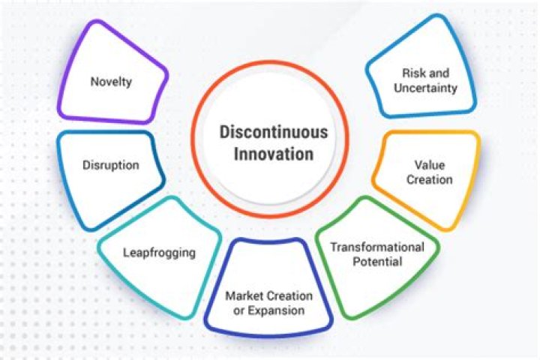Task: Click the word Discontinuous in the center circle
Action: [273, 133]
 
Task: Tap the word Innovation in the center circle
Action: [273, 154]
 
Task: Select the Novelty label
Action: [110, 81]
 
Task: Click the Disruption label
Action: [110, 165]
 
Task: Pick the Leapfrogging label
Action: [159, 252]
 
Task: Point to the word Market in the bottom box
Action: [243, 295]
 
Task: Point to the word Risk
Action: [411, 73]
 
